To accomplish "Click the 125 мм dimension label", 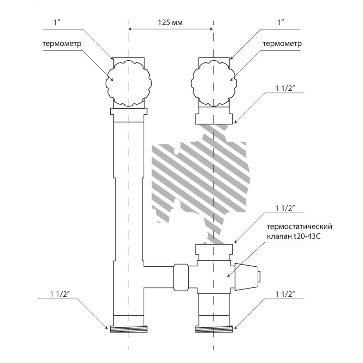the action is tap(170, 22).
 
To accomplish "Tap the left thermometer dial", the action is tap(128, 83).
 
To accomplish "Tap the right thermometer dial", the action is tap(214, 83).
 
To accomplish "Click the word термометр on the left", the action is tap(62, 44).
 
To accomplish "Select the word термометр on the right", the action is tap(282, 44).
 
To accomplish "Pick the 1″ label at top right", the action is tap(280, 22).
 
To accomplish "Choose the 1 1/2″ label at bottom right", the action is tap(285, 294).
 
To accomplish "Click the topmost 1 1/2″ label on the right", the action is tap(285, 88).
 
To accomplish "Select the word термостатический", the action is tap(299, 226).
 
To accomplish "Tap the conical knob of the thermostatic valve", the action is tap(246, 277).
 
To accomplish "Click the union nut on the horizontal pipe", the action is tap(181, 277).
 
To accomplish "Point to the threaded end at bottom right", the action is tap(214, 329).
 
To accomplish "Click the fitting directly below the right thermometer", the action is tap(214, 115).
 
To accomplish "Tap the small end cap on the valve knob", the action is tap(259, 277).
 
